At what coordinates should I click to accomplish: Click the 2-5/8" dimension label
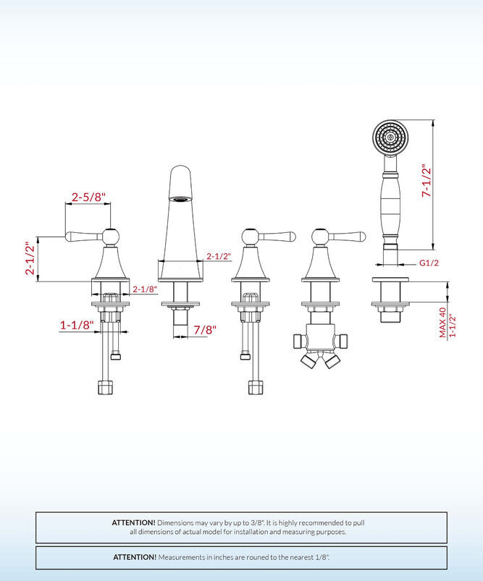[x=88, y=196]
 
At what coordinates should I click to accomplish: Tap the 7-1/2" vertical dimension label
[x=427, y=184]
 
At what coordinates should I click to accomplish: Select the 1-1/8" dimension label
[x=77, y=326]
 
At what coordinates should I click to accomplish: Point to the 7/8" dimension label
[x=205, y=329]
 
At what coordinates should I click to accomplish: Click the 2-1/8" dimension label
[x=145, y=289]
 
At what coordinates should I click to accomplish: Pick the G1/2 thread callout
[x=429, y=263]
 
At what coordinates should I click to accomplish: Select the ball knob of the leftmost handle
[x=110, y=236]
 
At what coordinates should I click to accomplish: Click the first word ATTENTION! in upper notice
[x=133, y=522]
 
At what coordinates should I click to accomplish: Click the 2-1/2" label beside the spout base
[x=218, y=255]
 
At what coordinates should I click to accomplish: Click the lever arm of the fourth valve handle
[x=348, y=236]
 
